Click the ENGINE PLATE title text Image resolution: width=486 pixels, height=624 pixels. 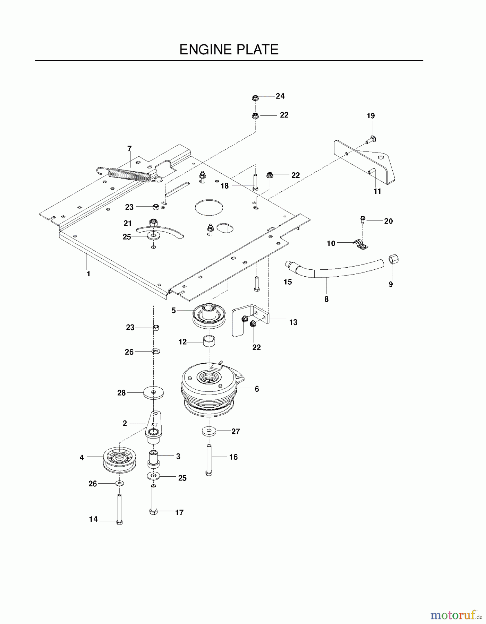(229, 50)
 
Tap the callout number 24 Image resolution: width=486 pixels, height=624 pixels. (280, 96)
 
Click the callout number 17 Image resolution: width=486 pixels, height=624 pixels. (179, 512)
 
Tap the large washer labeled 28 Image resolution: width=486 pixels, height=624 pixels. (154, 393)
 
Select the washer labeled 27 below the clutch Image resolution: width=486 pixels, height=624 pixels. (209, 432)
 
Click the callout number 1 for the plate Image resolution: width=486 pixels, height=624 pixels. (88, 274)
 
